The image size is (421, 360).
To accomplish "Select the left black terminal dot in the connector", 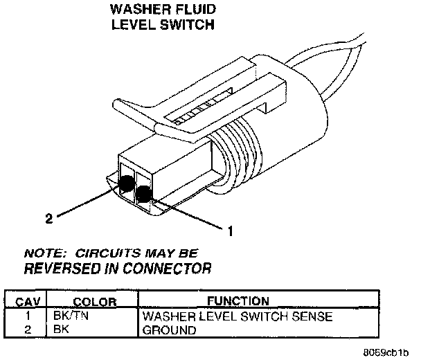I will point(127,183).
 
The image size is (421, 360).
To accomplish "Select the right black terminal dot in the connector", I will point(144,195).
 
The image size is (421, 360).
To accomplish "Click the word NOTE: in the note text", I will point(43,253).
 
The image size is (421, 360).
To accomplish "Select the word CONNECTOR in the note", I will point(171,267).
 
